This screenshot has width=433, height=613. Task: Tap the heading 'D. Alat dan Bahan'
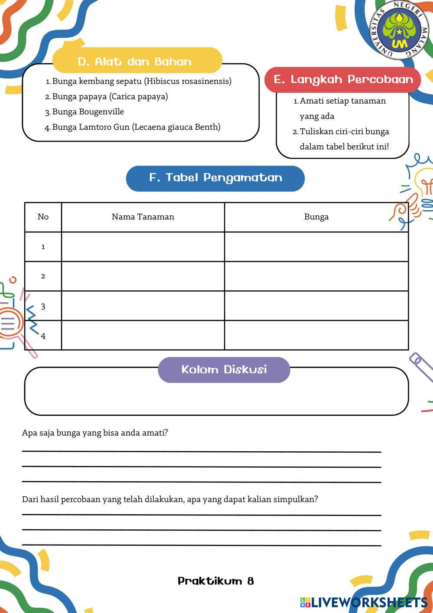[x=135, y=62]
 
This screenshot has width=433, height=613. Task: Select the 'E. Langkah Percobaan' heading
[x=343, y=80]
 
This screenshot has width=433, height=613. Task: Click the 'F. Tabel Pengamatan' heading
[x=215, y=178]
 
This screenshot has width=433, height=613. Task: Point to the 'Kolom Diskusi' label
[x=224, y=370]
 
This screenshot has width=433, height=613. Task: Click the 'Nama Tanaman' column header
[x=143, y=217]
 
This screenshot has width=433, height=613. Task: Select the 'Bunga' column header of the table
[x=316, y=217]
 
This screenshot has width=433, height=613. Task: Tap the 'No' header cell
[x=43, y=217]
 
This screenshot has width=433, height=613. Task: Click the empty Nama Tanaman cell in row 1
[x=143, y=247]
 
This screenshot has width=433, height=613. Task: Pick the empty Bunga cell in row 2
[x=316, y=276]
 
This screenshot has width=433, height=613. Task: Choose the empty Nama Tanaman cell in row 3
[x=143, y=306]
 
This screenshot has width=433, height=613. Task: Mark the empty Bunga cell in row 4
[x=316, y=335]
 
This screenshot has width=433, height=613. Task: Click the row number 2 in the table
[x=43, y=276]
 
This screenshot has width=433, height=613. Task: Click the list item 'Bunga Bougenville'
[x=88, y=112]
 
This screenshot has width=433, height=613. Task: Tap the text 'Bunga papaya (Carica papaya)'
[x=110, y=97]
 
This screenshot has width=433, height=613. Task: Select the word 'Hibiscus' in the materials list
[x=163, y=82]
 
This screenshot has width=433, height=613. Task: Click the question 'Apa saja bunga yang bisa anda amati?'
[x=95, y=433]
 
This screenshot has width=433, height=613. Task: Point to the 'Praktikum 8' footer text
[x=216, y=581]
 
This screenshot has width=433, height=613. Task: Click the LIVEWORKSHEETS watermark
[x=364, y=602]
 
